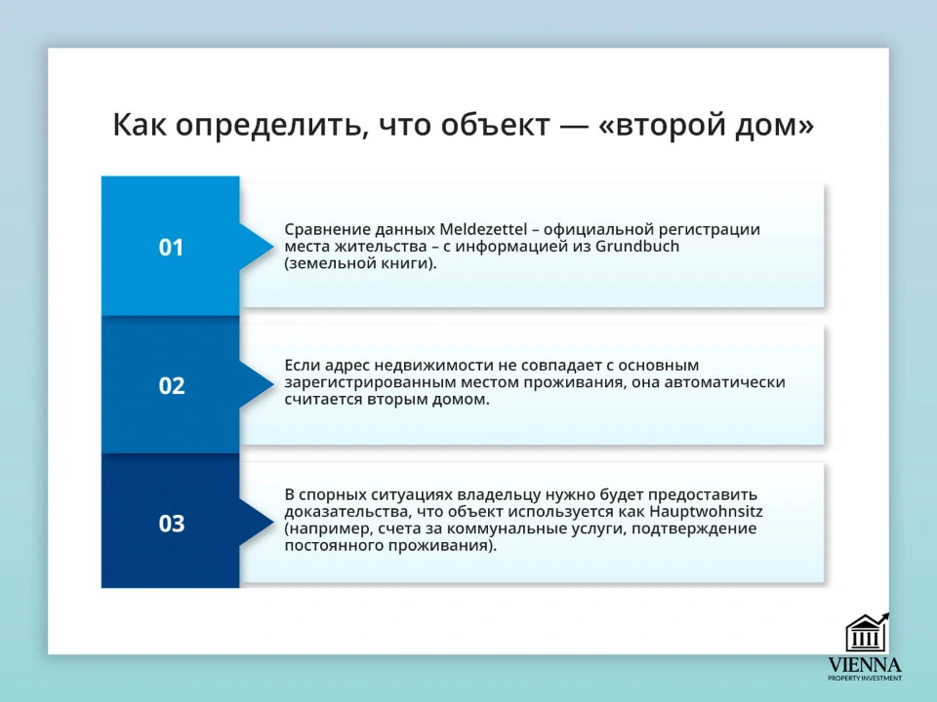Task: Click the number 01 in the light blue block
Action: pyautogui.click(x=171, y=248)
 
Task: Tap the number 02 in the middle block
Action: pyautogui.click(x=171, y=386)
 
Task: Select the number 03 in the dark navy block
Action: pyautogui.click(x=171, y=525)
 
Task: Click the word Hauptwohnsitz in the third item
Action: pyautogui.click(x=707, y=511)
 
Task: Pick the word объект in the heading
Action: pyautogui.click(x=487, y=125)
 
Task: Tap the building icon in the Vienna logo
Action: pyautogui.click(x=866, y=634)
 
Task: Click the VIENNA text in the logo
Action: pyautogui.click(x=865, y=665)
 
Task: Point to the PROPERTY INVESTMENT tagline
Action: pyautogui.click(x=865, y=678)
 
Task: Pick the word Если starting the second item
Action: pyautogui.click(x=301, y=365)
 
